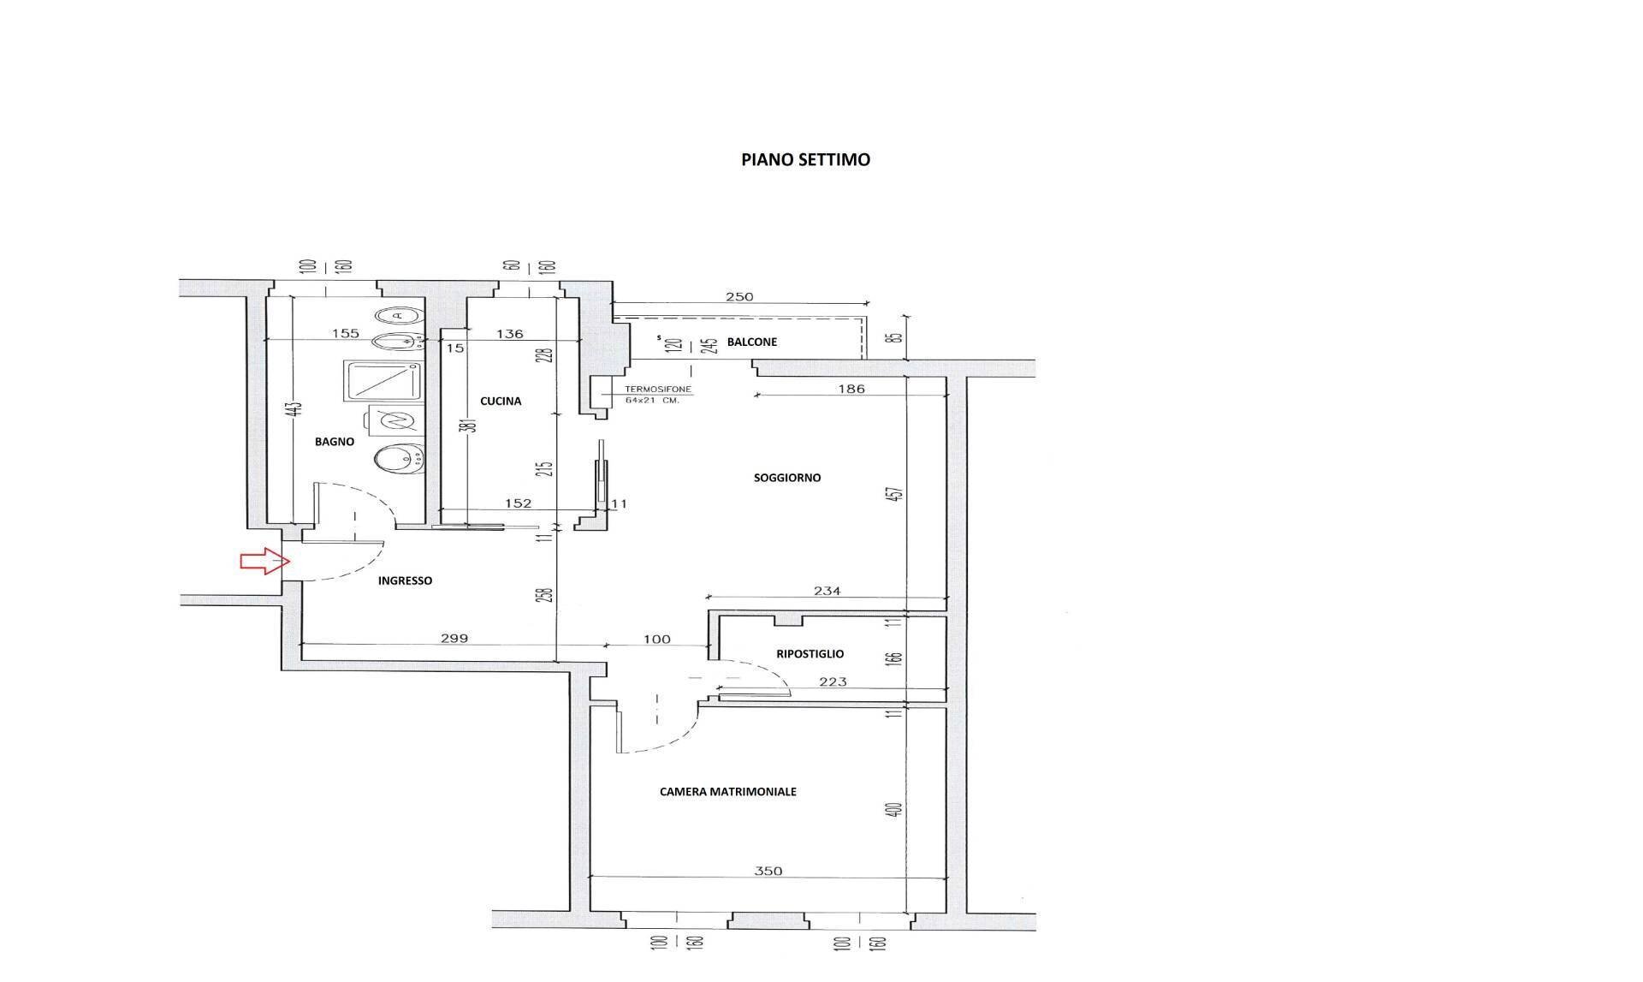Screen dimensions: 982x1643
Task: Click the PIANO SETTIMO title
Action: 805,160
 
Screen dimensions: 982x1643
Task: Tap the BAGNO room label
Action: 334,442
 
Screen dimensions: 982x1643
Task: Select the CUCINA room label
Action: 501,401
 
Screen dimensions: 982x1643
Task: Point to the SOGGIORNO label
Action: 786,478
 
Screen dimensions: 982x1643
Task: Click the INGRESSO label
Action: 405,580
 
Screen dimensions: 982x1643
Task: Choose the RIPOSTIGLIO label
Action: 810,654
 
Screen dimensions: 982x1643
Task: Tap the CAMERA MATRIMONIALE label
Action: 727,792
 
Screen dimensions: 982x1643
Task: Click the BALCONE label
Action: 751,342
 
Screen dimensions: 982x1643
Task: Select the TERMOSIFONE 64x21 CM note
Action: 657,395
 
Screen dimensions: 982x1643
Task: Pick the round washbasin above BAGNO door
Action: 399,457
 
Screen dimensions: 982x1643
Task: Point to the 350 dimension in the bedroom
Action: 768,872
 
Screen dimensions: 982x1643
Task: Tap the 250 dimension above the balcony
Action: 738,297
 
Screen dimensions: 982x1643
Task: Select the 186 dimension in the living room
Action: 851,389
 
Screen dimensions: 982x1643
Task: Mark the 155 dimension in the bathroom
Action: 345,334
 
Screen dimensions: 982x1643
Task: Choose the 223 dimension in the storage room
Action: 832,681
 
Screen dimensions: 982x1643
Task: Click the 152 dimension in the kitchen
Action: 519,503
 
